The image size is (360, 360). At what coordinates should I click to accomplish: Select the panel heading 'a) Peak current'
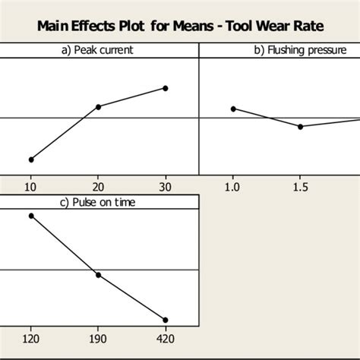tap(98, 50)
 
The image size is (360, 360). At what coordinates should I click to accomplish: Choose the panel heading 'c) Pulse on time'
tap(98, 202)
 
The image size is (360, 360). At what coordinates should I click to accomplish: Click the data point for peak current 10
tap(31, 159)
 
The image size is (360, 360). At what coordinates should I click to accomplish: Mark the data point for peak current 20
tap(98, 106)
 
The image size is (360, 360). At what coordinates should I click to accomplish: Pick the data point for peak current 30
tap(166, 88)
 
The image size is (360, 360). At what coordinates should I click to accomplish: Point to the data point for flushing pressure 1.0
tap(232, 109)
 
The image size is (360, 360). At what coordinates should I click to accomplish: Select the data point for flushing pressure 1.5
tap(300, 126)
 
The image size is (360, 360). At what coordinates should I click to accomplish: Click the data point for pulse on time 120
tap(31, 216)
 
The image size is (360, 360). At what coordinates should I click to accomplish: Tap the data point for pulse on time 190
tap(98, 274)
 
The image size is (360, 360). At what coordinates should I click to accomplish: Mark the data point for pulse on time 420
tap(166, 320)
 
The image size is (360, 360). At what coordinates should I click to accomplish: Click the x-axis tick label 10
tap(31, 186)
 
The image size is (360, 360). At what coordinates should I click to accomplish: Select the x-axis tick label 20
tap(98, 186)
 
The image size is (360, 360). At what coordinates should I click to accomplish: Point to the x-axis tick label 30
tap(166, 186)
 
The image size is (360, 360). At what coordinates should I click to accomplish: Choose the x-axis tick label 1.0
tap(232, 186)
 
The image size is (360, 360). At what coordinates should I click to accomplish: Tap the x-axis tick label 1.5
tap(300, 186)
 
